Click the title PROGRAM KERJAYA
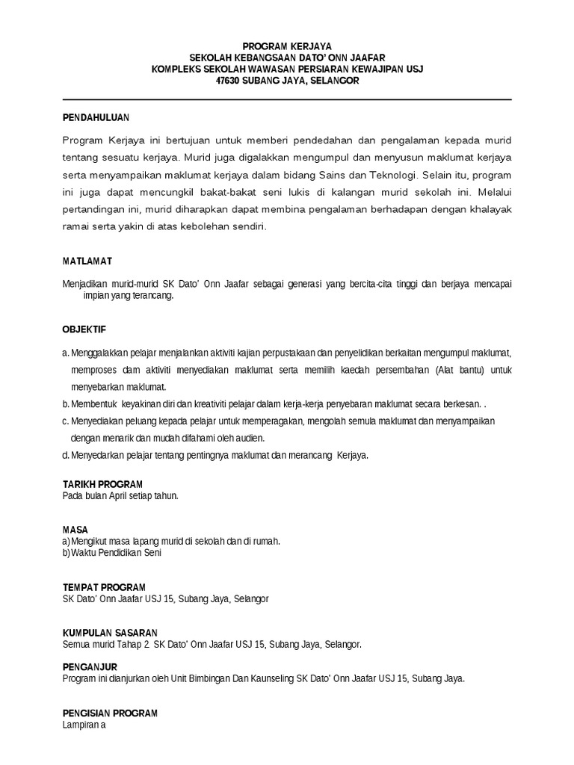(287, 46)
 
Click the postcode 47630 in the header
(228, 81)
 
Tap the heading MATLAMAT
(87, 261)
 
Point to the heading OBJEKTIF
(84, 329)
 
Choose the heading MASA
(75, 530)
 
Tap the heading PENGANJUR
(90, 666)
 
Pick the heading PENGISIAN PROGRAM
(110, 713)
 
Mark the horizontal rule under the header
(287, 99)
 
